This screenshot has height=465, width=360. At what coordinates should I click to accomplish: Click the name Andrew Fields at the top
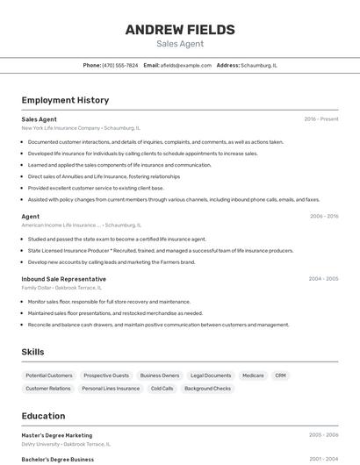[180, 30]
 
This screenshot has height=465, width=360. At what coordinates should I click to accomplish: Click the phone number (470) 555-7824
[119, 65]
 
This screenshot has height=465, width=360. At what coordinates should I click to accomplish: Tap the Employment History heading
[65, 100]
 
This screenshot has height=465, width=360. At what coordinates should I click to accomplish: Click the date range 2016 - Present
[321, 119]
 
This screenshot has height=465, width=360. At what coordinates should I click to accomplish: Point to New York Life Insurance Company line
[73, 128]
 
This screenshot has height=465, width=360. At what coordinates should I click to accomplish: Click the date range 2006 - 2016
[324, 216]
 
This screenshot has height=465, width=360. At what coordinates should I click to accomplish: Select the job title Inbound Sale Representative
[63, 279]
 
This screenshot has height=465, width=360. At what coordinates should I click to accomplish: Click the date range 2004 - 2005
[323, 279]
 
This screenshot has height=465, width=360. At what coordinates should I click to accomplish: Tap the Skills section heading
[33, 352]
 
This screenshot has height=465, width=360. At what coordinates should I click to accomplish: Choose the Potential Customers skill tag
[49, 376]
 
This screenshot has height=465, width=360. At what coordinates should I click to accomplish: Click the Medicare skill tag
[253, 376]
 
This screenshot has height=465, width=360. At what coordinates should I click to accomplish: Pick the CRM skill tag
[280, 376]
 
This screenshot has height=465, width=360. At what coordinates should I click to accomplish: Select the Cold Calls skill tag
[162, 388]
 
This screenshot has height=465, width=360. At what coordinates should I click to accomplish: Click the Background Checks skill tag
[207, 388]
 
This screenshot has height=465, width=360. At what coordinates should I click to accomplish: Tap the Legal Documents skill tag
[211, 376]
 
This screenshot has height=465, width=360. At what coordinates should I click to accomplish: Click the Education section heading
[43, 416]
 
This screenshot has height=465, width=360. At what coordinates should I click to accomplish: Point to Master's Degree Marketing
[56, 435]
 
